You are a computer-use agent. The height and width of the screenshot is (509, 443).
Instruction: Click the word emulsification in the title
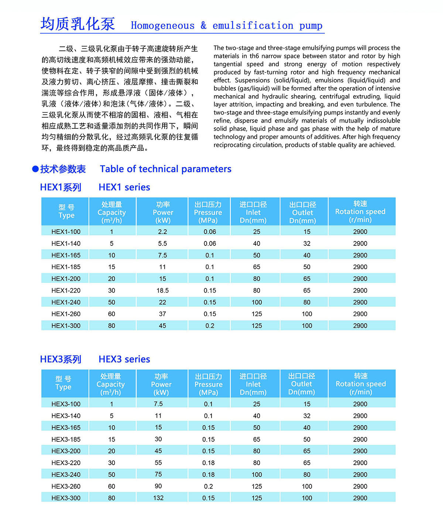(x=253, y=25)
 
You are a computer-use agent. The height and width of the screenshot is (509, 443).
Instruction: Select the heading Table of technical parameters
(x=165, y=169)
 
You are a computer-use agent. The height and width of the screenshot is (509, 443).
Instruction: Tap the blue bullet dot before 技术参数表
(x=35, y=169)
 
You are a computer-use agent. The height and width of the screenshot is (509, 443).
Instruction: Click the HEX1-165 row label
(x=66, y=255)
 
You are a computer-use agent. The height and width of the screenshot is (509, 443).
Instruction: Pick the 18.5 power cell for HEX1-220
(x=162, y=290)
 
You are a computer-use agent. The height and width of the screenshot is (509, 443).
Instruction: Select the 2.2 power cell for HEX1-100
(x=162, y=232)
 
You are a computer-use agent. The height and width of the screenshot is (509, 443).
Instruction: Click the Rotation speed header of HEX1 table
(x=360, y=211)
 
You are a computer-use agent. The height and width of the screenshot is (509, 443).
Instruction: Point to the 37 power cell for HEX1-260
(x=162, y=314)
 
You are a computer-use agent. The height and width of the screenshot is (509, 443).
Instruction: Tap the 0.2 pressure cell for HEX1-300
(x=210, y=326)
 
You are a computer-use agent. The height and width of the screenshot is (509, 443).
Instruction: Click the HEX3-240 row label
(x=66, y=475)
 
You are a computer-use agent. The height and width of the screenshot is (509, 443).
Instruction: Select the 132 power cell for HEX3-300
(x=158, y=498)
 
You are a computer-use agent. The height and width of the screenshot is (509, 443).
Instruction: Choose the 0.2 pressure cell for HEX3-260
(x=208, y=486)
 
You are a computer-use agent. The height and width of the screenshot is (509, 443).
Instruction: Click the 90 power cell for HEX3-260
(x=158, y=486)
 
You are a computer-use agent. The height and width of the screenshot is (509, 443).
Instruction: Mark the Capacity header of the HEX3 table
(x=111, y=384)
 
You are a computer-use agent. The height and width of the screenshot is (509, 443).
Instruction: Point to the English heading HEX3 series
(x=124, y=359)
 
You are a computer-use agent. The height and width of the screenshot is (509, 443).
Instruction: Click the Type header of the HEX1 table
(x=66, y=211)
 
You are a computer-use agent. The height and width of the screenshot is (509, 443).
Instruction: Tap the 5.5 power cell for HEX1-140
(x=162, y=244)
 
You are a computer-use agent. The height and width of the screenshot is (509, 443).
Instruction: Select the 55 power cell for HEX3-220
(x=158, y=462)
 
